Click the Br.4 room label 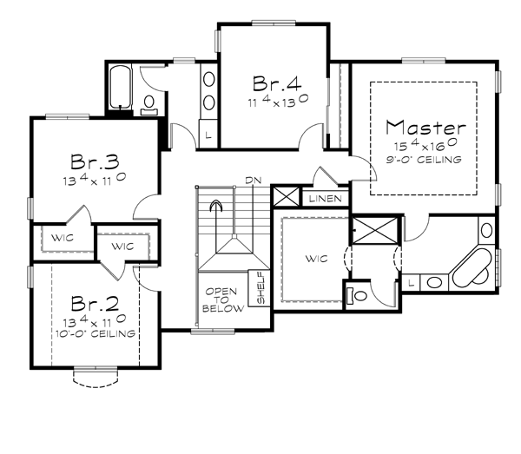coord(277,83)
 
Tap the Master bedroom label coord(425,128)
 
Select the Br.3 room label coord(95,161)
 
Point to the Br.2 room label coord(95,304)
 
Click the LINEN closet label coord(326,199)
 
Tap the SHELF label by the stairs coord(261,287)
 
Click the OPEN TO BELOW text coord(222,300)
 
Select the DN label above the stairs coord(254,181)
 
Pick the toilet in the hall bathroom coord(149,105)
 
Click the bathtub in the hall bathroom coord(120,87)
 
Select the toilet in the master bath coord(357,295)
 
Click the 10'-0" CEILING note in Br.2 coord(96,333)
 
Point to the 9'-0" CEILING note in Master coord(424,160)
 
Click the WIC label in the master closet coord(317,259)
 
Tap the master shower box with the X coord(375,231)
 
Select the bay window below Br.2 coord(96,378)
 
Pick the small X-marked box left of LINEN coord(286,196)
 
